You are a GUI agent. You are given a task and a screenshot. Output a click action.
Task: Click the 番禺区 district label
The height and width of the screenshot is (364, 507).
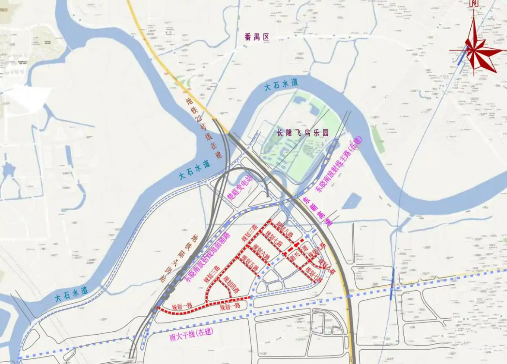(257, 37)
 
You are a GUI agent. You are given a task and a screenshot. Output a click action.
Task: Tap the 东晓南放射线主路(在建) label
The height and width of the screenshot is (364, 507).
(339, 164)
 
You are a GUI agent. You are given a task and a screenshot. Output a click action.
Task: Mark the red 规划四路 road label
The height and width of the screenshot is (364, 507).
(231, 283)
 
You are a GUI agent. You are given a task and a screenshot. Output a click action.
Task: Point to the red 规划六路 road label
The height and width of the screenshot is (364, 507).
(261, 252)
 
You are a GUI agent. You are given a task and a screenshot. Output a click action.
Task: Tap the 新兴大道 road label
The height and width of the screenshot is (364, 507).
(298, 254)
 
